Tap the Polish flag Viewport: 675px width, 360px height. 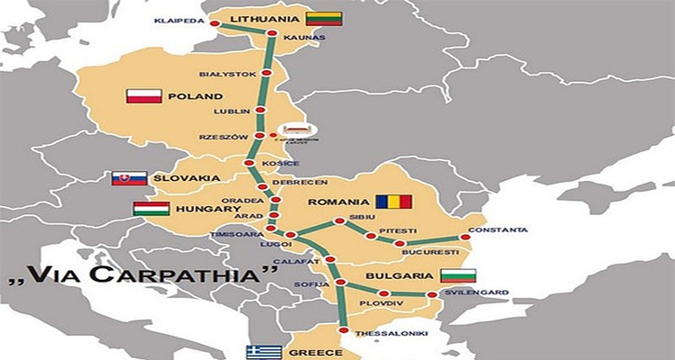pos(144,95)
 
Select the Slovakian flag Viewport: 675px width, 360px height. pos(129,178)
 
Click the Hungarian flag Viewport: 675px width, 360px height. pos(151,210)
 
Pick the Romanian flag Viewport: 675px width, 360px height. pos(393,202)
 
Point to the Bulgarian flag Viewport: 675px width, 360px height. pos(457,275)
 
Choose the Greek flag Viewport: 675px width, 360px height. pos(263,353)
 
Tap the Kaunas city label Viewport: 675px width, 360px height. pos(298,40)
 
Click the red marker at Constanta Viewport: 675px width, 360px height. pos(464,238)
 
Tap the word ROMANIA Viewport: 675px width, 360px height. pos(338,202)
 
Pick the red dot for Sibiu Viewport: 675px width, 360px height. pos(339,220)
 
